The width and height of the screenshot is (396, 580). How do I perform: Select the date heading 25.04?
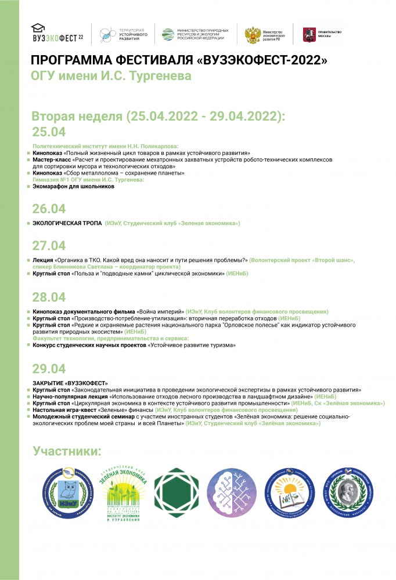click(49, 132)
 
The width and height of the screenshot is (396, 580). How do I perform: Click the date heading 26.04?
click(49, 209)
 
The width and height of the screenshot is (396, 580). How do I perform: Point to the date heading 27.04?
click(49, 246)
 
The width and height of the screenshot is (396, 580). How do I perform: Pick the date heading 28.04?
click(49, 298)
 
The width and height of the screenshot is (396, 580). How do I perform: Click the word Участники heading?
click(67, 451)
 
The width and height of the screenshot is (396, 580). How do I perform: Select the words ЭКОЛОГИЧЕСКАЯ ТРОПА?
click(66, 223)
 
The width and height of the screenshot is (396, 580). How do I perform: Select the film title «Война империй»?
click(160, 311)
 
